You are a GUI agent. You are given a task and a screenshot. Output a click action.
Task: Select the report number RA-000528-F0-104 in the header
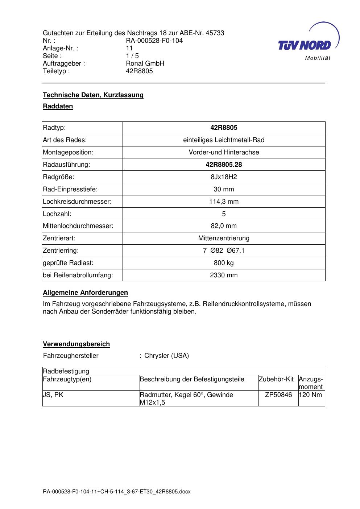tap(154, 41)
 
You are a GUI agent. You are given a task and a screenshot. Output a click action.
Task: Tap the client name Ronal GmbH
tap(145, 63)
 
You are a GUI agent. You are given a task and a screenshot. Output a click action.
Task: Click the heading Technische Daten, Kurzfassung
tap(93, 95)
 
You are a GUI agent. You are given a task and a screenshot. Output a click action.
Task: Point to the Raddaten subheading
tap(58, 106)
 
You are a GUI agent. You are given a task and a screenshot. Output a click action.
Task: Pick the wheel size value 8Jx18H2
tap(224, 177)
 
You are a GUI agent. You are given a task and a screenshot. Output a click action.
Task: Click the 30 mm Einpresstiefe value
tap(224, 189)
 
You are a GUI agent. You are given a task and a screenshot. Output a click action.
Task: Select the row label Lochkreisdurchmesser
tap(77, 202)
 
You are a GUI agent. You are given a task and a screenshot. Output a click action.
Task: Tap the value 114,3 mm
tap(224, 202)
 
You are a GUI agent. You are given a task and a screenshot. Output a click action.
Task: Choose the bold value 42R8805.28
tap(224, 165)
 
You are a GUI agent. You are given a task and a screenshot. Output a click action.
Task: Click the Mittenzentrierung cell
tap(224, 238)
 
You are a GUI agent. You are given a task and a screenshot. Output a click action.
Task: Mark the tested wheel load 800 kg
tap(224, 263)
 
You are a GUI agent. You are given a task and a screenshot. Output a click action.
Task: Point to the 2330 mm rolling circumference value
tap(224, 275)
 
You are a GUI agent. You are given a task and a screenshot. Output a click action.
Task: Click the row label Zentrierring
tap(61, 251)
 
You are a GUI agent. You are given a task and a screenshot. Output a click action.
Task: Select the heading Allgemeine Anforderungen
tap(85, 293)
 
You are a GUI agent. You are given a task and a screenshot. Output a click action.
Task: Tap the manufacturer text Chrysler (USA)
tap(166, 356)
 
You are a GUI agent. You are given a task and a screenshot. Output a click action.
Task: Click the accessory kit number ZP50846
tap(278, 395)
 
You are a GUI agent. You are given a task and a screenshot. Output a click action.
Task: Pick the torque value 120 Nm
tap(311, 395)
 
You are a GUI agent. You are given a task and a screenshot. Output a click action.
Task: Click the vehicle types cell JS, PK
tap(53, 395)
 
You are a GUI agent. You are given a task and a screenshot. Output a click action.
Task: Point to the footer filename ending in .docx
tap(116, 492)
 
